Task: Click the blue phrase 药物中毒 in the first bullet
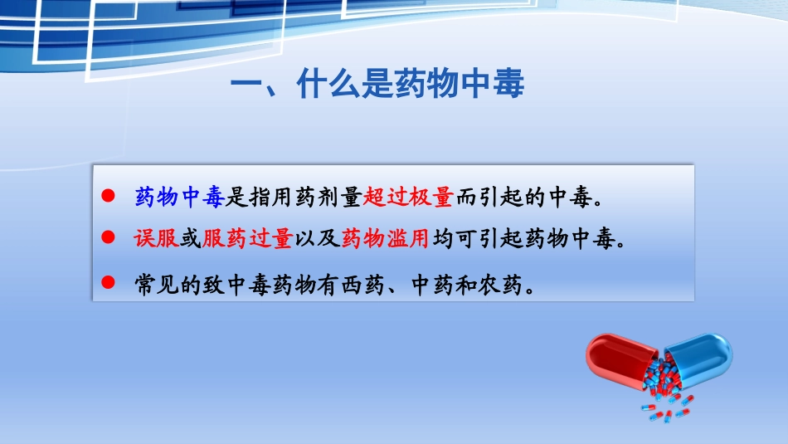pos(179,198)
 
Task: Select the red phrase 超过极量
pos(408,198)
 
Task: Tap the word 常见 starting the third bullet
pos(156,285)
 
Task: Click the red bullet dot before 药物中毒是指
pos(106,196)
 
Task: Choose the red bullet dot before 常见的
pos(106,283)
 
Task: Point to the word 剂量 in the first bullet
pos(339,198)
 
